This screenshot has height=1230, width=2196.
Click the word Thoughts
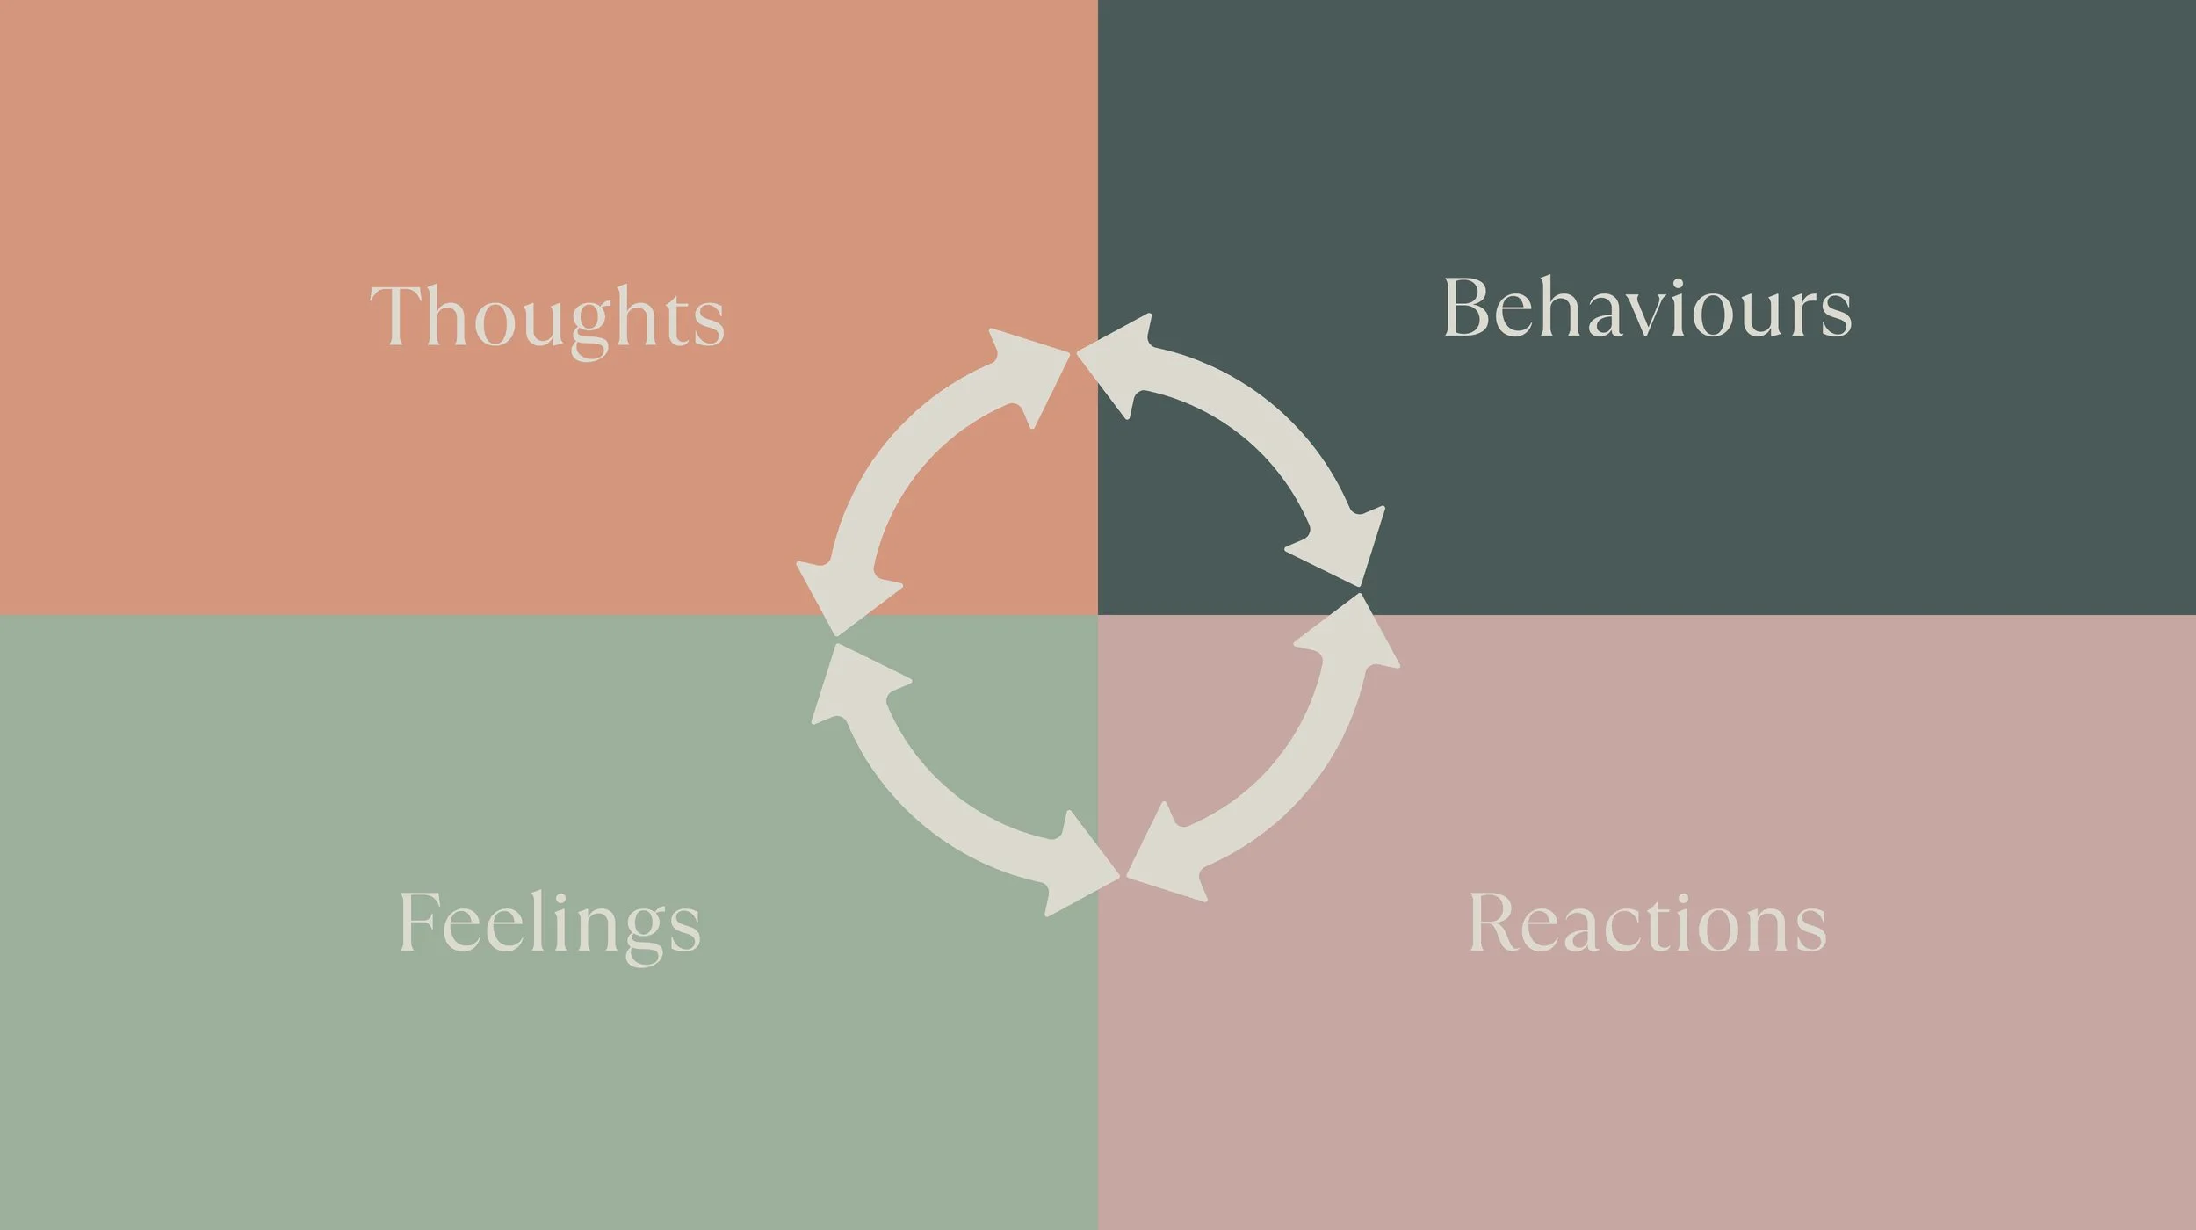(x=547, y=317)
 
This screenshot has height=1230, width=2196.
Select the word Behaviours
(x=1647, y=307)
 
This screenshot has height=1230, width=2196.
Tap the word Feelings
(x=550, y=923)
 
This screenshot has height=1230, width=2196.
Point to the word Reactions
(x=1647, y=922)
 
